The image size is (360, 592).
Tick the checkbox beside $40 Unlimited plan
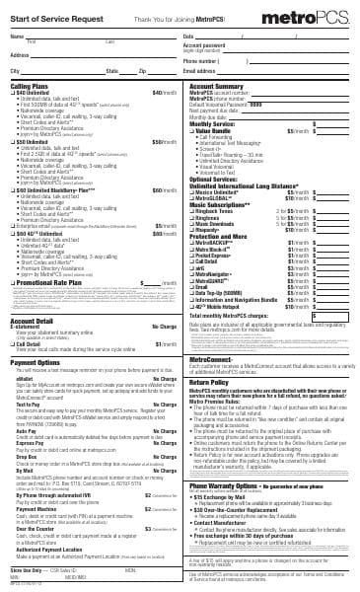pos(12,93)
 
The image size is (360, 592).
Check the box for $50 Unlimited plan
pos(12,142)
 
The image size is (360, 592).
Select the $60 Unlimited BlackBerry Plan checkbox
pos(12,189)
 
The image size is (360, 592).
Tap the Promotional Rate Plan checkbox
pos(13,282)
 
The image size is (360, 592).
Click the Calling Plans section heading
pos(31,86)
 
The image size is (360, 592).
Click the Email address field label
pos(199,71)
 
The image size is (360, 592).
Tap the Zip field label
pos(142,72)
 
